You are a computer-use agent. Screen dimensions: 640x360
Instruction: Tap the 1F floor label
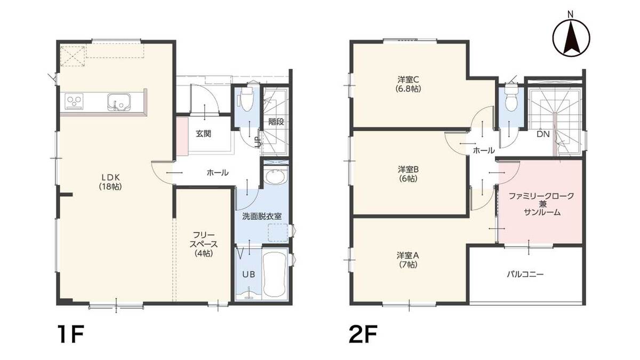(x=70, y=334)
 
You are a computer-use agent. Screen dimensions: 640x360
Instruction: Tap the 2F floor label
(x=364, y=334)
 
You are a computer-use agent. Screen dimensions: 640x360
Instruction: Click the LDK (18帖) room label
(x=110, y=182)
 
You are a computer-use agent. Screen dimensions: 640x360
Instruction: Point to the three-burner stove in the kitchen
(x=74, y=101)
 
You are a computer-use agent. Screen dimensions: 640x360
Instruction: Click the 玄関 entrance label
(x=203, y=134)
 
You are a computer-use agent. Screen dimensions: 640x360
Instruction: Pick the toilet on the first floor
(x=246, y=99)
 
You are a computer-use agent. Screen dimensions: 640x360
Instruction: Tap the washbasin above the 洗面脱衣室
(x=275, y=177)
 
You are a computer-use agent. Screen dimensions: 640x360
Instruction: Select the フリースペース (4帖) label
(x=204, y=244)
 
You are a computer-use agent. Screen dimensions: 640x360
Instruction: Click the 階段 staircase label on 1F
(x=276, y=122)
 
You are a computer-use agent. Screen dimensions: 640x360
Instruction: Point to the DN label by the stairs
(x=543, y=134)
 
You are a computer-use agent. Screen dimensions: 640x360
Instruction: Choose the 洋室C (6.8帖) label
(x=409, y=83)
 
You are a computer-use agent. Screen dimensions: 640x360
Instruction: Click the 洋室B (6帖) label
(x=409, y=174)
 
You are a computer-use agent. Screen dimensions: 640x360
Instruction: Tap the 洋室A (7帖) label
(x=408, y=260)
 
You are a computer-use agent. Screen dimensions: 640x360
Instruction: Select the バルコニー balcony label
(x=525, y=275)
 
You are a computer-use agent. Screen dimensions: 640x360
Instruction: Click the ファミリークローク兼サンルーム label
(x=541, y=204)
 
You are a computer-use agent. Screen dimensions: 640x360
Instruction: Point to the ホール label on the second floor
(x=484, y=150)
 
